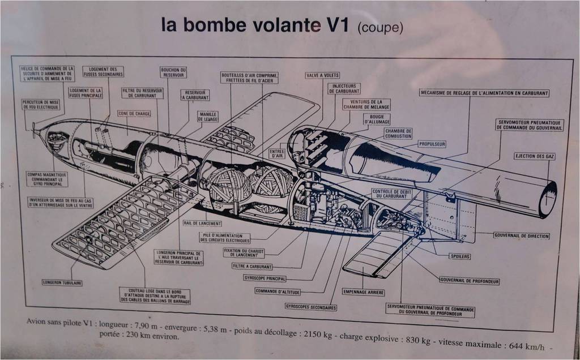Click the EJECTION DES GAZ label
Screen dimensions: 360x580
pyautogui.click(x=534, y=156)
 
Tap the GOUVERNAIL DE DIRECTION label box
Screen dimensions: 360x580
pyautogui.click(x=521, y=235)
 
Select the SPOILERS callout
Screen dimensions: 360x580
pyautogui.click(x=460, y=256)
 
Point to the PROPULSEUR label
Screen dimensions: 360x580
pyautogui.click(x=432, y=144)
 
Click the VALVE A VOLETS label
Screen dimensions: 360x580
pyautogui.click(x=322, y=75)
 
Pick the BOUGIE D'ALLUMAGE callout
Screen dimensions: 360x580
pyautogui.click(x=377, y=119)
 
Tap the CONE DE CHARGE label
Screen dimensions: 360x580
pyautogui.click(x=134, y=113)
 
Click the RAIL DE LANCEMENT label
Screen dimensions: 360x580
pyautogui.click(x=202, y=223)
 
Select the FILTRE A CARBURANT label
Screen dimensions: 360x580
pyautogui.click(x=252, y=266)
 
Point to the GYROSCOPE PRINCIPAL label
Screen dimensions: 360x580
pyautogui.click(x=265, y=278)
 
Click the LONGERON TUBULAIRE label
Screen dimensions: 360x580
pyautogui.click(x=62, y=282)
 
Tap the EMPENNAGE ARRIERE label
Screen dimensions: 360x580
pyautogui.click(x=364, y=292)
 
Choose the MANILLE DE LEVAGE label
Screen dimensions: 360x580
pyautogui.click(x=208, y=117)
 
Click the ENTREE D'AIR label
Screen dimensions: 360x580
pyautogui.click(x=277, y=153)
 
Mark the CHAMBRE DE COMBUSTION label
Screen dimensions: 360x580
pyautogui.click(x=398, y=133)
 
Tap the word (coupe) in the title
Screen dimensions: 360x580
pyautogui.click(x=381, y=28)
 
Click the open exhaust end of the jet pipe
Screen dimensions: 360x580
pyautogui.click(x=548, y=199)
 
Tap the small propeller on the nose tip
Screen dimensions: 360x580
pyautogui.click(x=34, y=130)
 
